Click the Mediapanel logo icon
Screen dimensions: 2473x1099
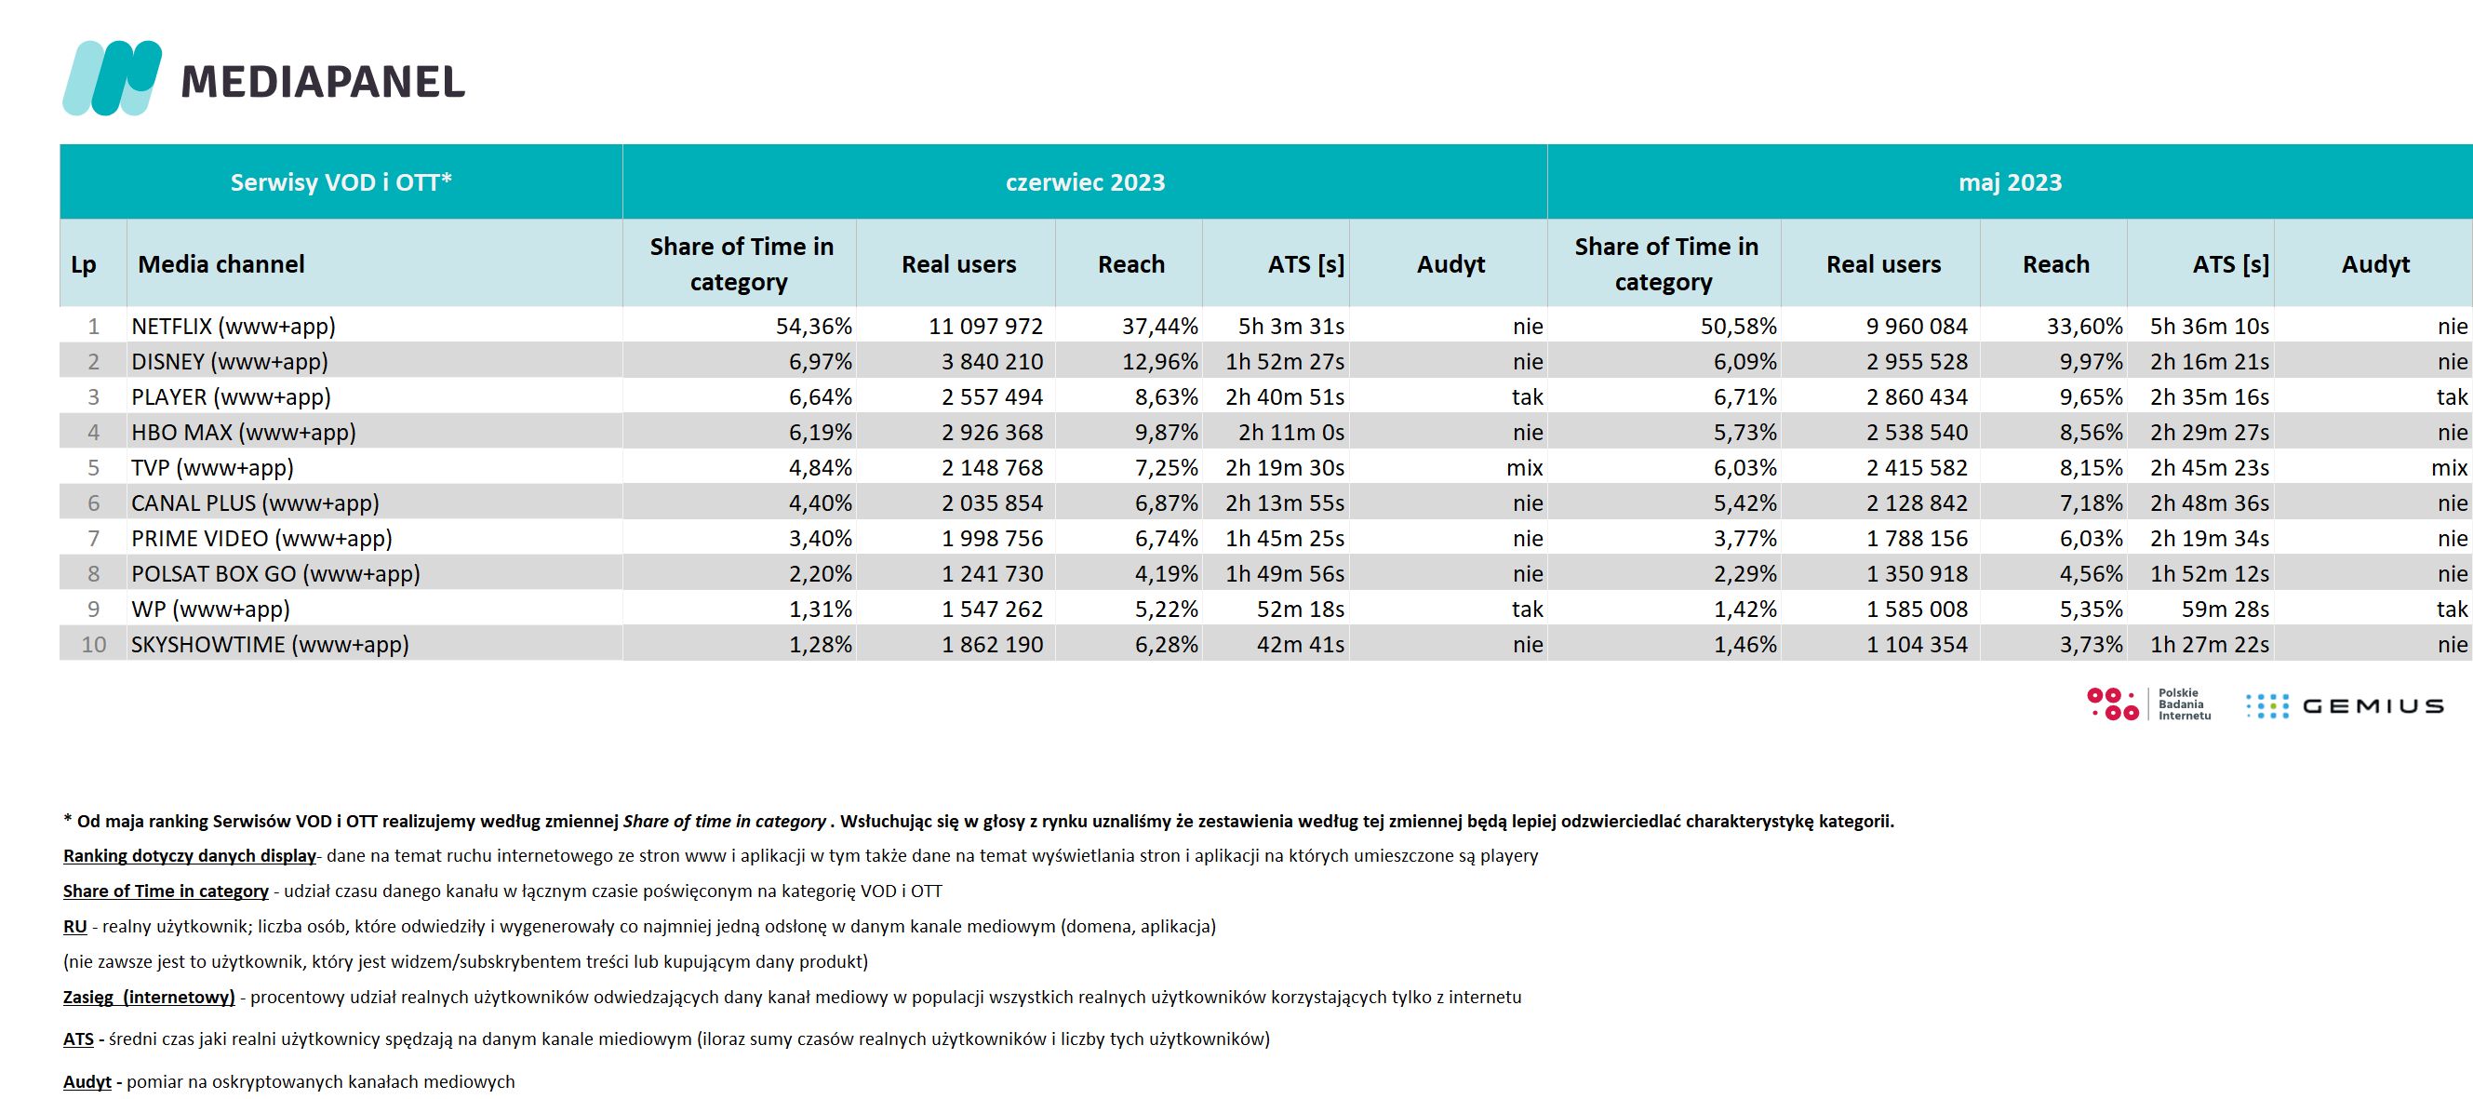click(x=113, y=78)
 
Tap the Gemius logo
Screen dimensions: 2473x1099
click(x=2344, y=706)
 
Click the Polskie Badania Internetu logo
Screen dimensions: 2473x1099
click(x=2149, y=704)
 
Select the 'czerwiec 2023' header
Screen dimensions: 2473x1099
click(x=1085, y=182)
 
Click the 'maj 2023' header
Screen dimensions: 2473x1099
click(x=2011, y=182)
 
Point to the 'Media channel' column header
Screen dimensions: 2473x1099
click(x=221, y=264)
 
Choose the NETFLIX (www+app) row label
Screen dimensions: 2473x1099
click(x=234, y=327)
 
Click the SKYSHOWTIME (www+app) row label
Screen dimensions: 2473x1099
click(x=270, y=645)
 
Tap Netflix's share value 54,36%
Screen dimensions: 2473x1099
click(x=814, y=327)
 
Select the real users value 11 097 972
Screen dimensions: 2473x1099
click(x=986, y=327)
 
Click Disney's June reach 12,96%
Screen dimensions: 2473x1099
click(x=1159, y=362)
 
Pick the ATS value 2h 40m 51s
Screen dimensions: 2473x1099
click(x=1285, y=397)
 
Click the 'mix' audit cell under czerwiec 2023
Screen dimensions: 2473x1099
click(x=1525, y=468)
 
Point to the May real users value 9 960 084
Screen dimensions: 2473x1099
click(x=1918, y=327)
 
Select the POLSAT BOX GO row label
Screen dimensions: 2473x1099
click(x=275, y=574)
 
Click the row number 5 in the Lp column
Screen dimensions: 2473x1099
click(x=93, y=468)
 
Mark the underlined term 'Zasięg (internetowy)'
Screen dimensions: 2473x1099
click(x=149, y=998)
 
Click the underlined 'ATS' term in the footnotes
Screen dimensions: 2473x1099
click(x=79, y=1039)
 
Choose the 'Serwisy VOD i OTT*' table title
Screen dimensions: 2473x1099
click(x=341, y=182)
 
